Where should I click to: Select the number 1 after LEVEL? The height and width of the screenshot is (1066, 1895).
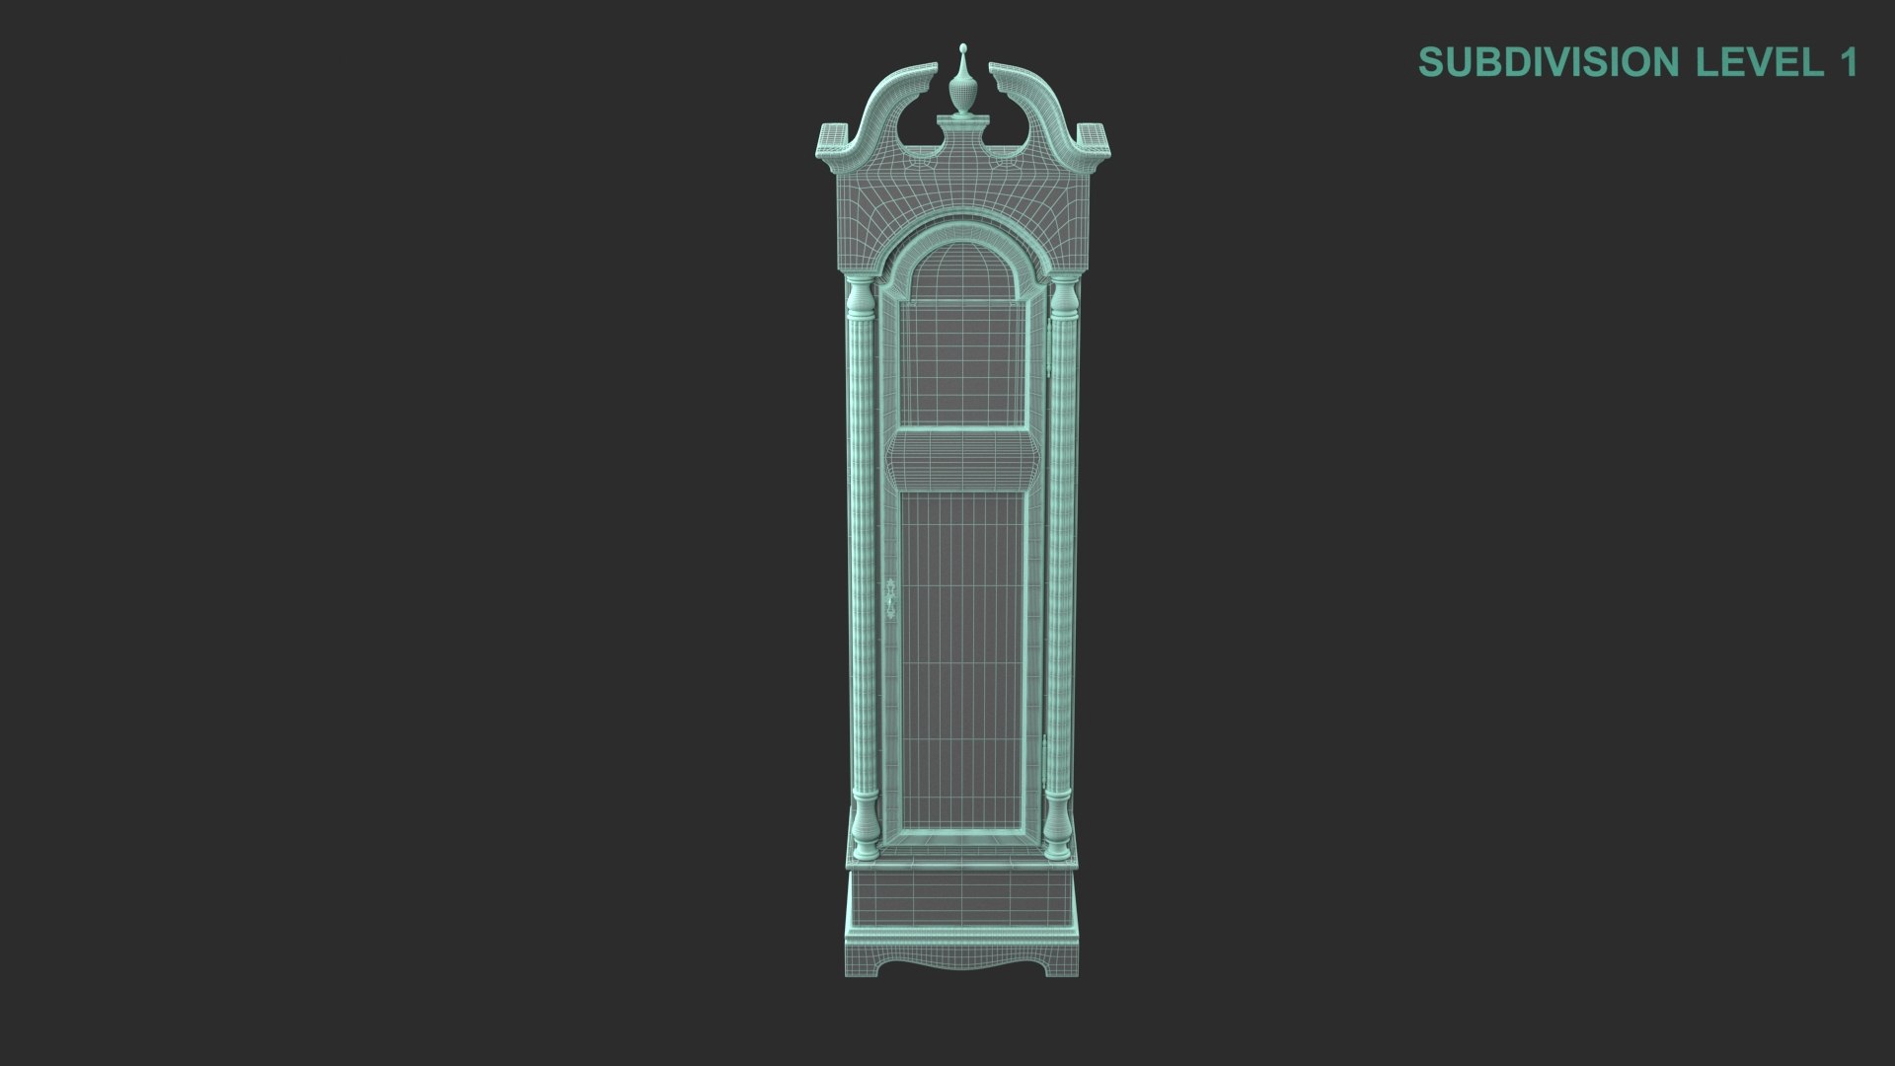[x=1847, y=62]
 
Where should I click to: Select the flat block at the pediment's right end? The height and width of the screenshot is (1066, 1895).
[x=1094, y=138]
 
